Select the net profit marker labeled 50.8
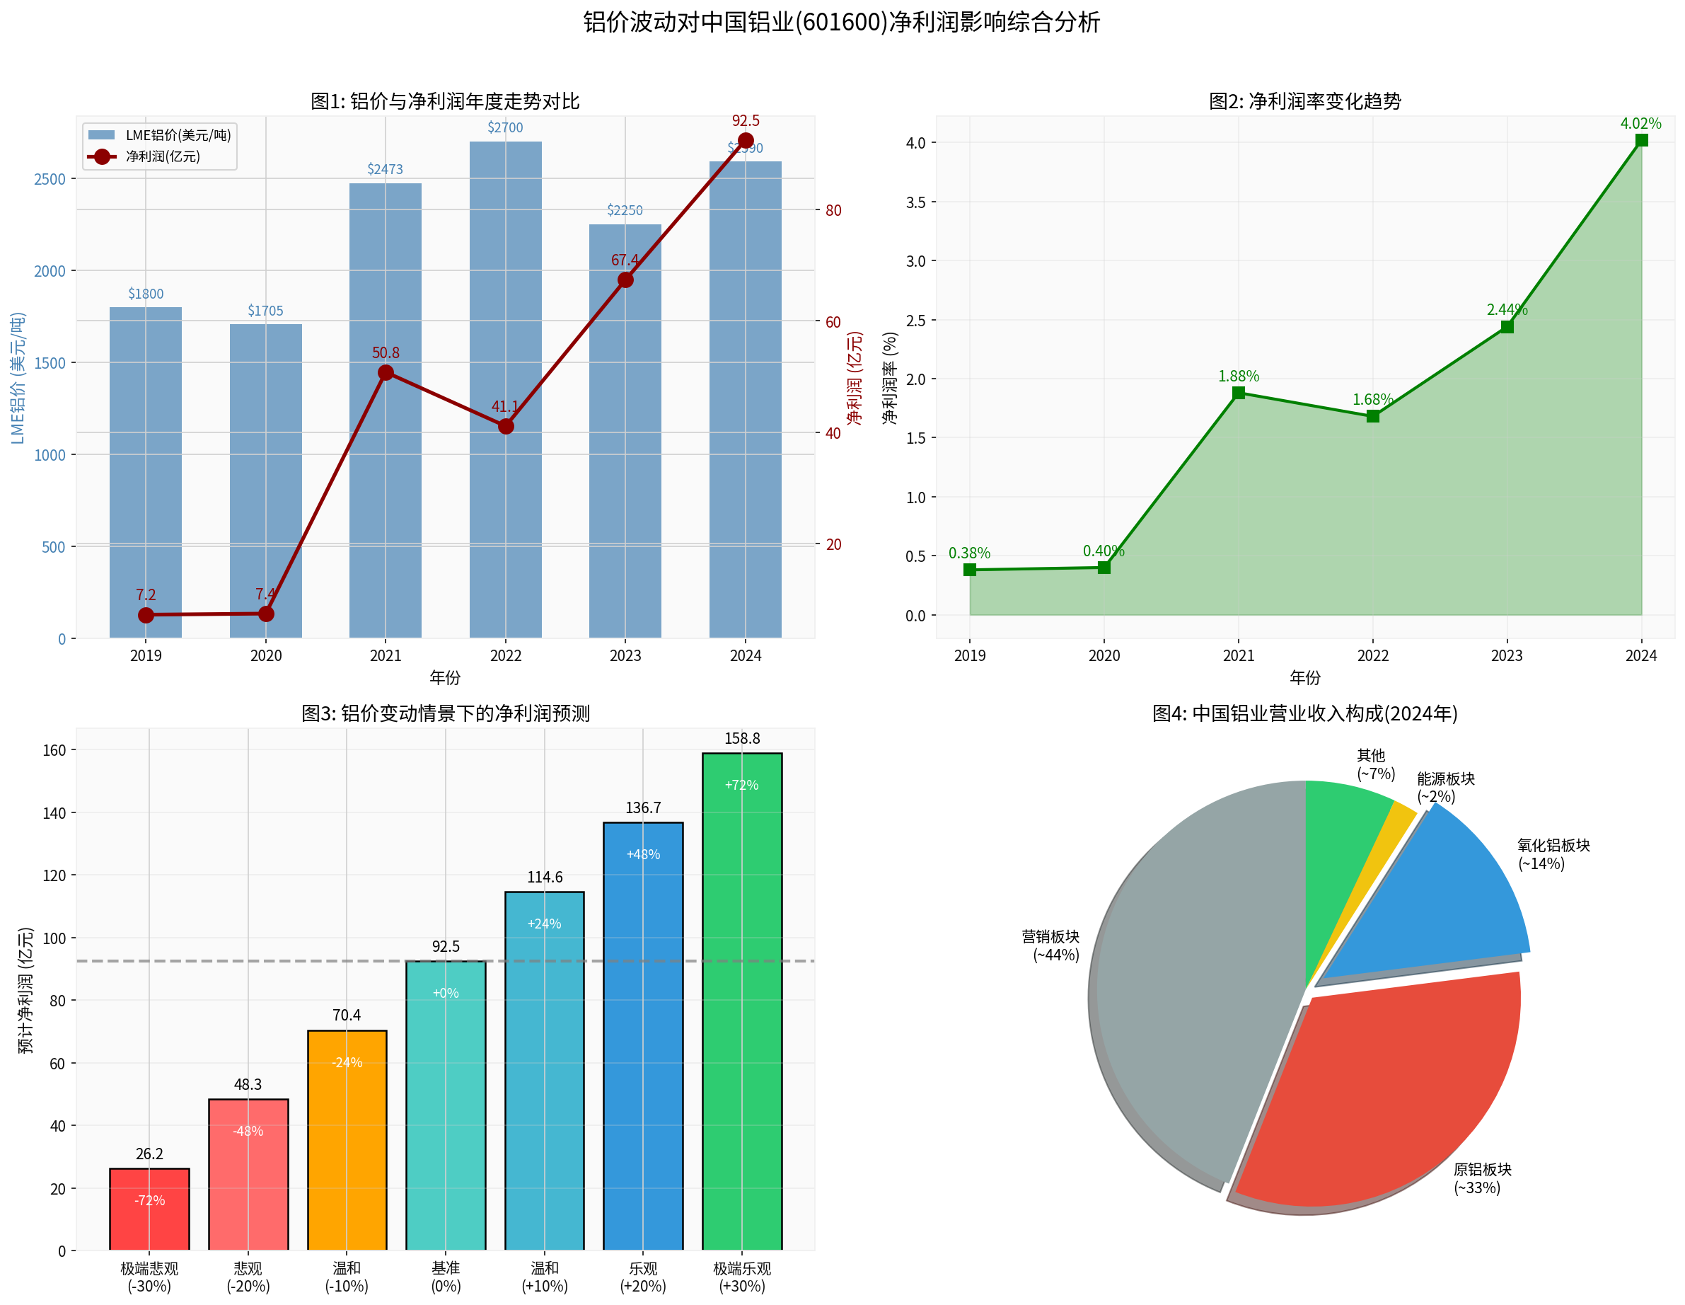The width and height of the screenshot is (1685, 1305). click(386, 374)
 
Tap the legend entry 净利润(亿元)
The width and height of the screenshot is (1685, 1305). click(162, 156)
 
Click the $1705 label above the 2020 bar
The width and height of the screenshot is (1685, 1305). click(265, 311)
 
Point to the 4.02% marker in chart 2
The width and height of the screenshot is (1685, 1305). click(1641, 140)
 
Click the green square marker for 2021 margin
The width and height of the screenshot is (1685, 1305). click(1239, 393)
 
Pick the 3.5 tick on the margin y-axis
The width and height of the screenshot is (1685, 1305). click(916, 202)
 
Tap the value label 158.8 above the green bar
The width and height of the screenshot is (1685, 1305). click(741, 739)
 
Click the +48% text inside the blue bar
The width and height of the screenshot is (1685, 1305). click(643, 854)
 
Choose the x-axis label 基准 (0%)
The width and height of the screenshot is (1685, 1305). click(445, 1277)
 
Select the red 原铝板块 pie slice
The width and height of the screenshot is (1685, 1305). click(1381, 1096)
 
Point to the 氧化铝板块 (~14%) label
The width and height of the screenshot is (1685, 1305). click(1552, 854)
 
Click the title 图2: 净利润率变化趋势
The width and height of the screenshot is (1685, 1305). click(1304, 102)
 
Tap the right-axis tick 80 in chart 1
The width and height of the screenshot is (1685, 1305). click(833, 211)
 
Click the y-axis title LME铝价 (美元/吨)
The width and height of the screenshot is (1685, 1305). click(18, 378)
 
